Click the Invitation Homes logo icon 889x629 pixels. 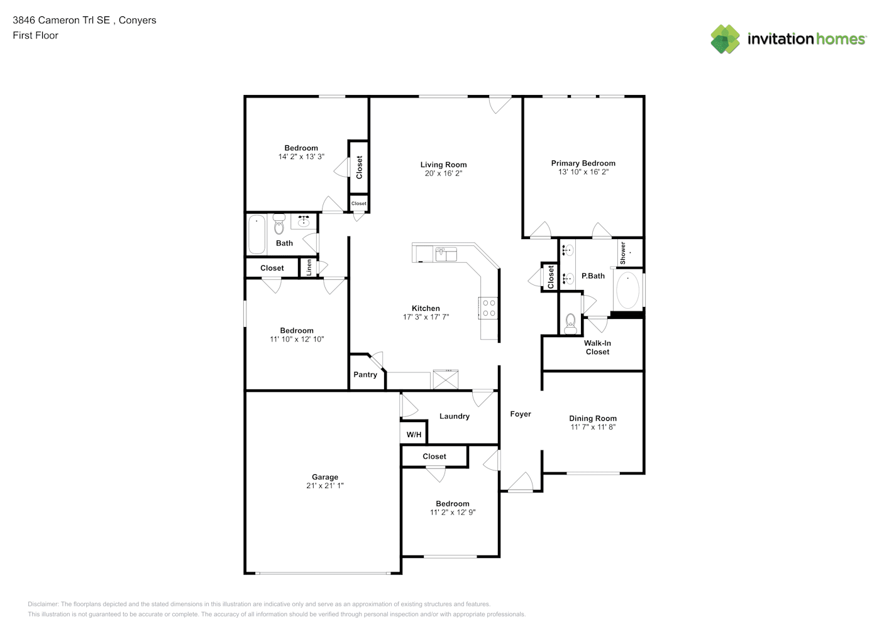point(725,39)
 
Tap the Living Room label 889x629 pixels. point(443,164)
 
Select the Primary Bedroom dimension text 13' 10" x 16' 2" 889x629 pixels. point(583,172)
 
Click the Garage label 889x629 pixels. point(324,477)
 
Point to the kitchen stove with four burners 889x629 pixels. point(488,308)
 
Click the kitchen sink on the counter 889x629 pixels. point(446,254)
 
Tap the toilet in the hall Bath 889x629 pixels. point(279,225)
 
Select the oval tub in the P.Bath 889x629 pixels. point(627,290)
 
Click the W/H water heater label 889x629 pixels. point(414,435)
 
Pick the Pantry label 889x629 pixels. point(365,374)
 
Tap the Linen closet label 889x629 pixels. point(309,268)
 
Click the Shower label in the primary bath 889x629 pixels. point(622,253)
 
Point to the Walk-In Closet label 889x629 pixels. point(597,347)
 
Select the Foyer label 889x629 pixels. point(521,414)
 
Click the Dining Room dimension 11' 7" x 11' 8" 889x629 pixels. point(593,427)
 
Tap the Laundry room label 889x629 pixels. point(455,416)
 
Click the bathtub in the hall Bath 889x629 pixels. point(257,235)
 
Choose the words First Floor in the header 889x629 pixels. point(35,35)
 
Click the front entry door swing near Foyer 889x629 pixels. point(521,482)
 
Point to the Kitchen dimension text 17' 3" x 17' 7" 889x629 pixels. point(426,317)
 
